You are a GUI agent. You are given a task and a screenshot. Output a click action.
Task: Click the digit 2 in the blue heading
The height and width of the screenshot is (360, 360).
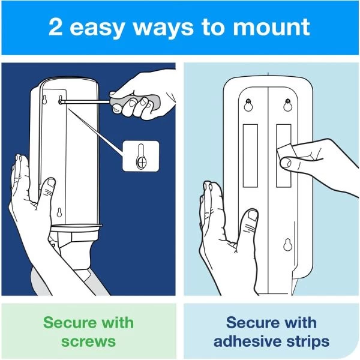click(x=56, y=28)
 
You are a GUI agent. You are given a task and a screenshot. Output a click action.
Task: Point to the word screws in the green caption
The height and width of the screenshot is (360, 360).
click(x=89, y=341)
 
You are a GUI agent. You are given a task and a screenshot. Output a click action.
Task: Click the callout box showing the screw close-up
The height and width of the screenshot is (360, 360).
click(x=141, y=157)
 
